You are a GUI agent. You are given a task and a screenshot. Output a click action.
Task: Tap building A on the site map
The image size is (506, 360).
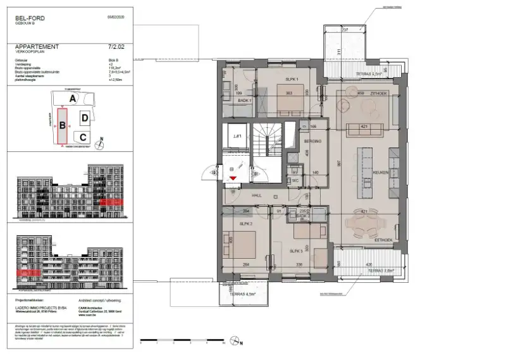73,99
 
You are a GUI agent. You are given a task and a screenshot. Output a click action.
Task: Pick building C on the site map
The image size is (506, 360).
83,136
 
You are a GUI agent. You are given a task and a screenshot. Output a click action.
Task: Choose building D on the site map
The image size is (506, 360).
84,118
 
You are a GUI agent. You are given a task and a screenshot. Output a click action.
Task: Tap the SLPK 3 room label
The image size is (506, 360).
296,251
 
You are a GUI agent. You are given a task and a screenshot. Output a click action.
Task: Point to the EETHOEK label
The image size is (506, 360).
385,240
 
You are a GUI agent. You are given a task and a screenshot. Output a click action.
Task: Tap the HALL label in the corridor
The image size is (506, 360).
257,196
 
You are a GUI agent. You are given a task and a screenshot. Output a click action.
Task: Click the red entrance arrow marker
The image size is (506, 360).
234,179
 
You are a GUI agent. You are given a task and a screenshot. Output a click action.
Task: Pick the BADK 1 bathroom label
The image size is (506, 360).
245,101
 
